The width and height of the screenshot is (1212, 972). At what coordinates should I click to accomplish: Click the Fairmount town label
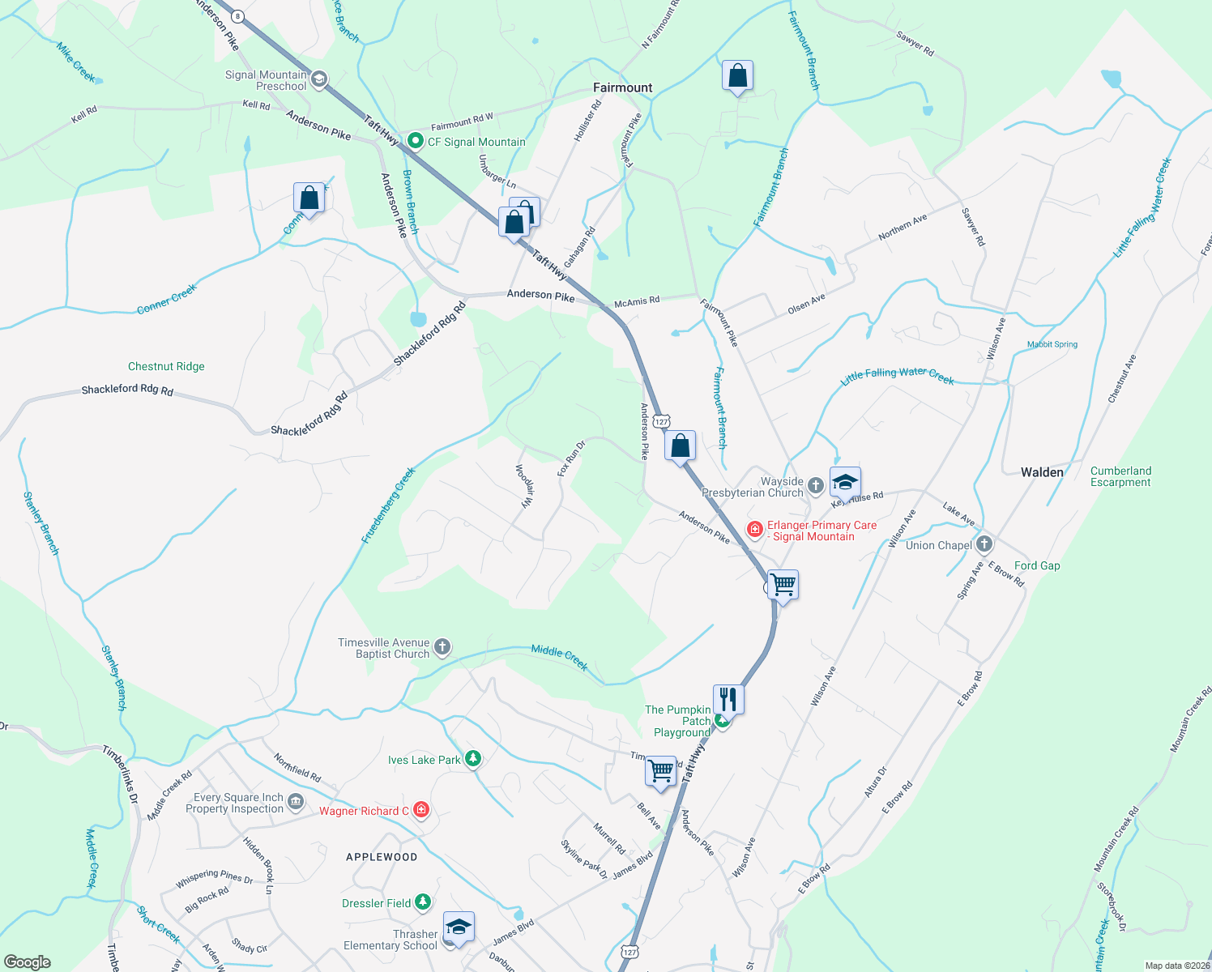coord(622,87)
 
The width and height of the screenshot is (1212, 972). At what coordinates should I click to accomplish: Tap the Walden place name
coord(1042,471)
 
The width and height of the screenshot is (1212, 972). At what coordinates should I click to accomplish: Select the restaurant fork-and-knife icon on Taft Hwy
coord(728,699)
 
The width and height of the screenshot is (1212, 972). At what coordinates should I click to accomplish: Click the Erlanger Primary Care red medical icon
coord(754,530)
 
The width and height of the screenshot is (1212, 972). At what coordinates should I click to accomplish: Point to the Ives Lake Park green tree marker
coord(473,759)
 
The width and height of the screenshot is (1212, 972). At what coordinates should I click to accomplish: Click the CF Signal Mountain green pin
coord(416,142)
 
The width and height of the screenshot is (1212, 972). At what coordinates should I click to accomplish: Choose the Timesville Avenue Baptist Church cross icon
coord(442,647)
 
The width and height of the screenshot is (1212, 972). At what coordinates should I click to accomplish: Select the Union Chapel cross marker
coord(984,544)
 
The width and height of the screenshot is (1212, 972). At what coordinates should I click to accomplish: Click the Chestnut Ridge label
coord(166,366)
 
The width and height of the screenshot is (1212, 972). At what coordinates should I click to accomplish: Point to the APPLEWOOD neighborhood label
coord(382,857)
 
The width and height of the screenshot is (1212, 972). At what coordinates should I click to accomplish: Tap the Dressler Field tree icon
coord(422,902)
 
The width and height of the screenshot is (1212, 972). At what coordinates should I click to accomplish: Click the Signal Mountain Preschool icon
coord(318,79)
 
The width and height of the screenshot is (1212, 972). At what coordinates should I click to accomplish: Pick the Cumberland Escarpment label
coord(1120,476)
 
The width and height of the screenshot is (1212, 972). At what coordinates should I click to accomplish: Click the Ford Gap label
coord(1037,565)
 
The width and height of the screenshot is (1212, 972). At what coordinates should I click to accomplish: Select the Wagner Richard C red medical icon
coord(420,809)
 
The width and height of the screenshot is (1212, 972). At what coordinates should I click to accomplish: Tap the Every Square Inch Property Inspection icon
coord(296,802)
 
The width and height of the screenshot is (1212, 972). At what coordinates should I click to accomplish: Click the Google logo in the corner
coord(28,962)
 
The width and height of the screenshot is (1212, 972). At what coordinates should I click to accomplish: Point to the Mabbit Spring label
coord(1052,344)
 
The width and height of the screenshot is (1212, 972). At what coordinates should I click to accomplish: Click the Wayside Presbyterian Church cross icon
coord(816,486)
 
